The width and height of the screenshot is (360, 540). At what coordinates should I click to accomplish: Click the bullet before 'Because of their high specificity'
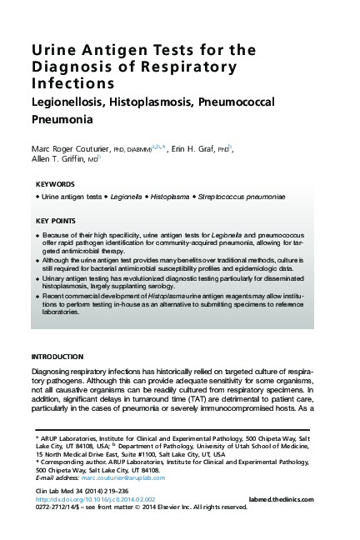[38, 237]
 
